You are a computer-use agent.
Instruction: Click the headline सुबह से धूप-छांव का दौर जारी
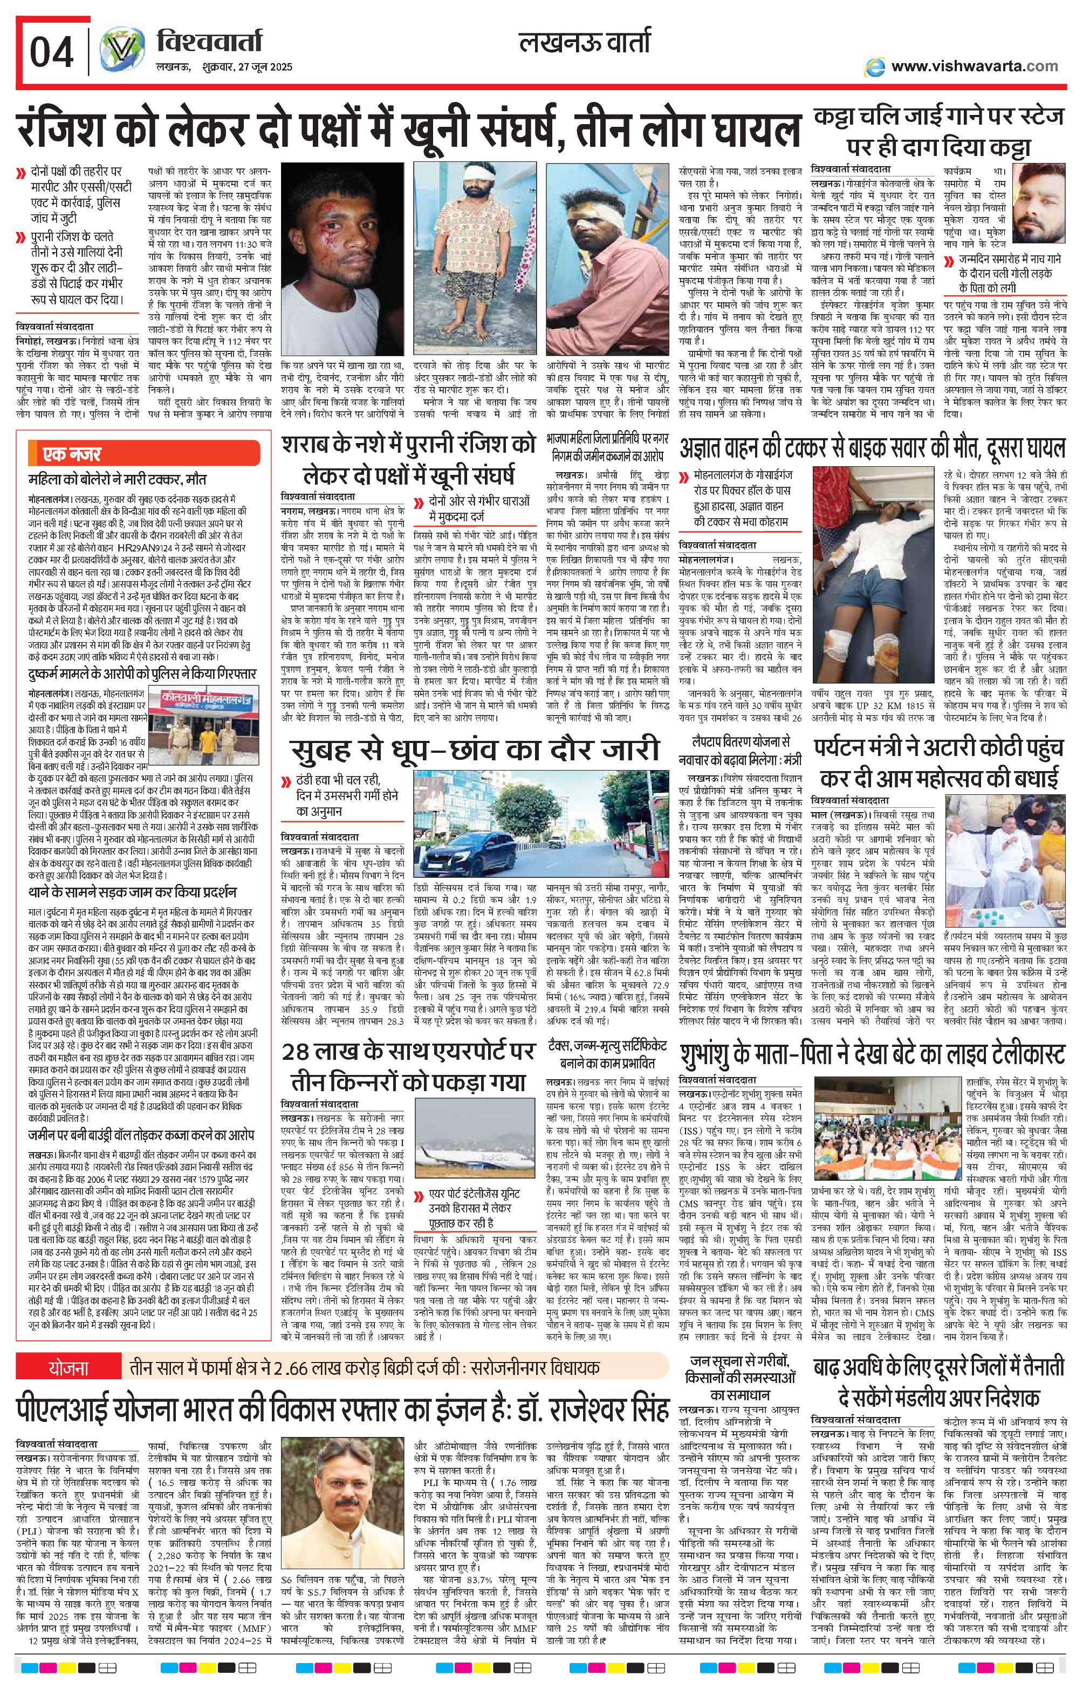pos(469,750)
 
